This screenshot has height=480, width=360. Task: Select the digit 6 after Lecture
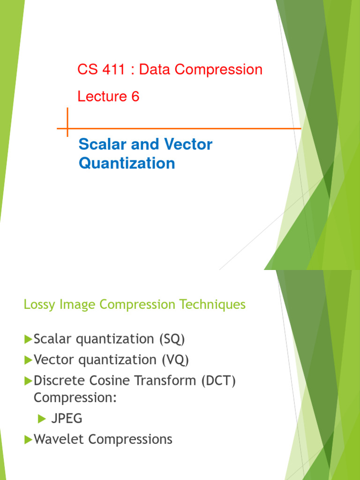coord(135,97)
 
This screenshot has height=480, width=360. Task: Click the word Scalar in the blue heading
coord(100,144)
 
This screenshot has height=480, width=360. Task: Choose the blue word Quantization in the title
coord(127,163)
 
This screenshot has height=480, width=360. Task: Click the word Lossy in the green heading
coord(37,305)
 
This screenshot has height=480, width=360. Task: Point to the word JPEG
coord(67,418)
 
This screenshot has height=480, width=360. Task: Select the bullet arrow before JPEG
coord(41,418)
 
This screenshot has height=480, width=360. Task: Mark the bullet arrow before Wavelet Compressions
coord(28,439)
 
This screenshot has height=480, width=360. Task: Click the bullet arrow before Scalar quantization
coord(28,338)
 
